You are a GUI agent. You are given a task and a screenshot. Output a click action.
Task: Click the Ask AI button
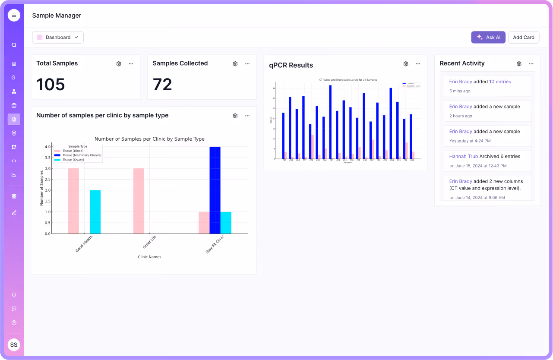488,38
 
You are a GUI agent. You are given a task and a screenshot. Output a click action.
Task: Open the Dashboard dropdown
58,38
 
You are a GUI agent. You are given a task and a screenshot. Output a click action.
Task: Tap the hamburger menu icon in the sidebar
14,15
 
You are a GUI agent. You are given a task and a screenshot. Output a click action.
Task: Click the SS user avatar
14,344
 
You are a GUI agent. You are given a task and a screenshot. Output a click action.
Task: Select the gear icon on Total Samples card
119,64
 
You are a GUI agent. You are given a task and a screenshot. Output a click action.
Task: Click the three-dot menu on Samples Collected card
247,64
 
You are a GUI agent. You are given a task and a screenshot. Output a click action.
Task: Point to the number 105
51,85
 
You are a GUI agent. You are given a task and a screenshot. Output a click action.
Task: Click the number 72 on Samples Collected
162,85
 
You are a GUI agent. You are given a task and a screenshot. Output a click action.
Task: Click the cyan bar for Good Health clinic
95,212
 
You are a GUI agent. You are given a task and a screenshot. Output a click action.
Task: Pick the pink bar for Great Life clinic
139,201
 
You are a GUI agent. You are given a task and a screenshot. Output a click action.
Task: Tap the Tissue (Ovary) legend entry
73,160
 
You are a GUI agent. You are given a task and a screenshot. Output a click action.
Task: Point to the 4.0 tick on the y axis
47,147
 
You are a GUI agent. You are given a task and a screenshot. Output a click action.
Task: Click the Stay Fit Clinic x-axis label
215,245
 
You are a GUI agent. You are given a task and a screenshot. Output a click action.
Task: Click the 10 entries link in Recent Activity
500,82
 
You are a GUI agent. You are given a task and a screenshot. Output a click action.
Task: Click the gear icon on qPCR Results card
406,64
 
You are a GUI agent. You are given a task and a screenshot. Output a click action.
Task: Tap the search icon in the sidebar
14,45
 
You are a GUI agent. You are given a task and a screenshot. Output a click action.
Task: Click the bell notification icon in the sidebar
14,295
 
